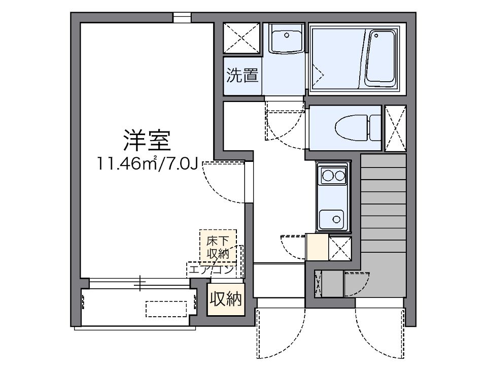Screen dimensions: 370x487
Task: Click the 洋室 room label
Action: click(146, 141)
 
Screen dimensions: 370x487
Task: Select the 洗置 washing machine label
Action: click(242, 76)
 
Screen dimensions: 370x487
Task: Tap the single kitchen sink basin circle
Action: click(336, 219)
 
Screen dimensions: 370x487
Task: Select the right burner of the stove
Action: click(339, 176)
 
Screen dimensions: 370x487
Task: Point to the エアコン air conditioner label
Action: click(212, 270)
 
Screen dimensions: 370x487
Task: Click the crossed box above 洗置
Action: click(242, 37)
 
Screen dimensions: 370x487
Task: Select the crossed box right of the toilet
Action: click(395, 128)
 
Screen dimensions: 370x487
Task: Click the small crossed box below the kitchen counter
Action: click(340, 248)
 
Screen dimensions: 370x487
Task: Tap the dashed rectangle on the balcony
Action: click(166, 308)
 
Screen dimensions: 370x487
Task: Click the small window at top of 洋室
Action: click(182, 17)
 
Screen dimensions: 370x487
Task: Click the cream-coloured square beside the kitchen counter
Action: click(318, 247)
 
